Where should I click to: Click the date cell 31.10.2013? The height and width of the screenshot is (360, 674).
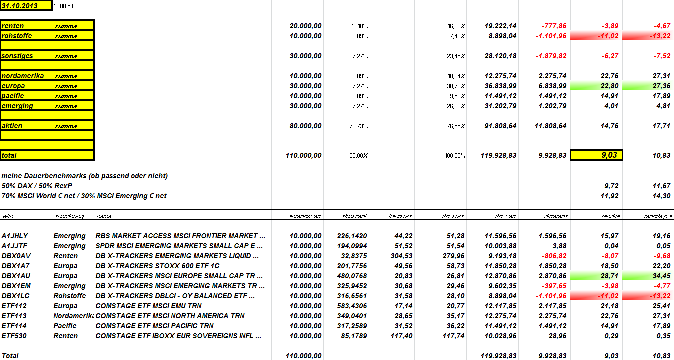(x=26, y=6)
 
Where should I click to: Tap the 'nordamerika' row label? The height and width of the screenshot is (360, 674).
(x=22, y=76)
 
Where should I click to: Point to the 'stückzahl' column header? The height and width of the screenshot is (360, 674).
(x=354, y=216)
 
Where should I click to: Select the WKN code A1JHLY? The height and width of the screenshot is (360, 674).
(x=15, y=236)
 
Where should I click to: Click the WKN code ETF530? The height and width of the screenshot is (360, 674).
(x=14, y=336)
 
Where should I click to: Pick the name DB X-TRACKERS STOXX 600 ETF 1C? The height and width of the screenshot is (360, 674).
(x=164, y=266)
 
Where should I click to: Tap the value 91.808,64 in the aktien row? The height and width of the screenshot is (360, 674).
(x=500, y=126)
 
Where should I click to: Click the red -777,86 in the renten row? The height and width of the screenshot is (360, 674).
(x=553, y=26)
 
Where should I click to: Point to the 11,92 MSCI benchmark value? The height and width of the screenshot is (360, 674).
(x=610, y=196)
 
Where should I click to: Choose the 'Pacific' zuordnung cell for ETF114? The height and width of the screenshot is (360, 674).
(x=65, y=326)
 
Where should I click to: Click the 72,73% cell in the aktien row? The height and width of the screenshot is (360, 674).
(x=358, y=126)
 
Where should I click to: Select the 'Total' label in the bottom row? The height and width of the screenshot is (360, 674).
(x=10, y=356)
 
